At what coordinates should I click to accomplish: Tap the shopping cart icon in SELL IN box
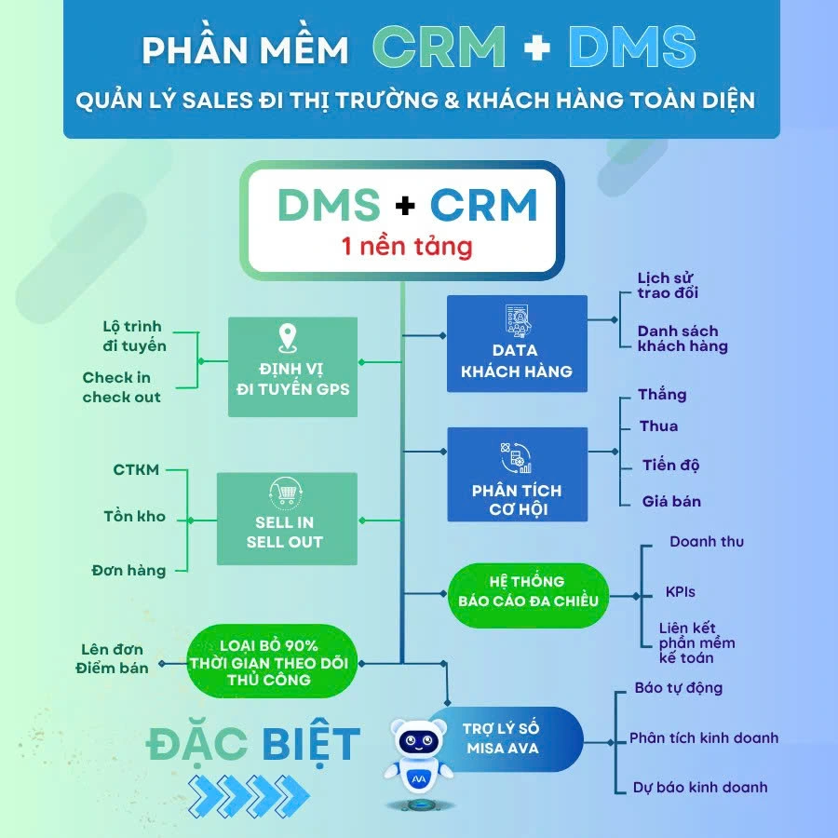(285, 493)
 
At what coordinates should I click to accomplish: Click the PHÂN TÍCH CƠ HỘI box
(517, 474)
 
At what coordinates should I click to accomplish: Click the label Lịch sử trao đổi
(668, 286)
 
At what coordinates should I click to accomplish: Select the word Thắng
(662, 395)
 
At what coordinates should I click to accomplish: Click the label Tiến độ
(670, 465)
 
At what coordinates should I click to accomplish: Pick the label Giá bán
(671, 501)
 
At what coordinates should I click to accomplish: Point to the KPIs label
(680, 592)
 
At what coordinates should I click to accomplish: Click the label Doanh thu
(707, 542)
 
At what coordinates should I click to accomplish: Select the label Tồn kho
(135, 517)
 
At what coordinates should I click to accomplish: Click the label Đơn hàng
(128, 570)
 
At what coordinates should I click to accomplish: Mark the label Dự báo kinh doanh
(700, 787)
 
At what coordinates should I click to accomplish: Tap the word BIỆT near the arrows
(310, 744)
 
